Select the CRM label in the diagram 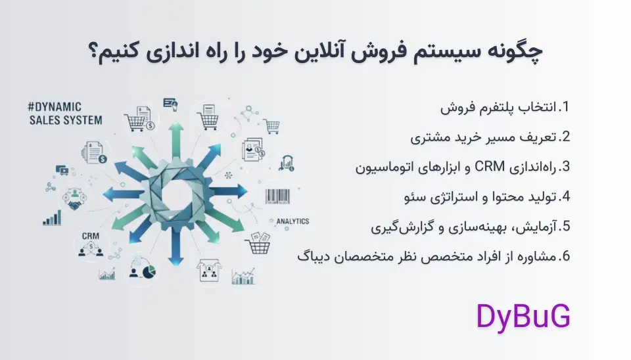pos(90,235)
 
